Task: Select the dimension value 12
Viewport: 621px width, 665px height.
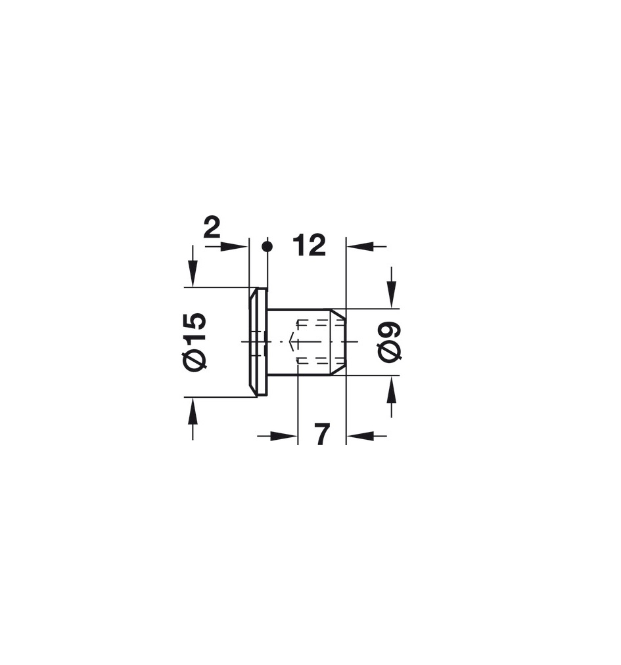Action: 309,245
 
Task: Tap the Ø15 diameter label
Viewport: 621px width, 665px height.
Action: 196,342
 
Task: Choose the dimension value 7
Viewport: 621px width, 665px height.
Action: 323,434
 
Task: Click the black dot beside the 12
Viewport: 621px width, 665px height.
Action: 267,246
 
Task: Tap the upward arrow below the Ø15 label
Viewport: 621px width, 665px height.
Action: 193,411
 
